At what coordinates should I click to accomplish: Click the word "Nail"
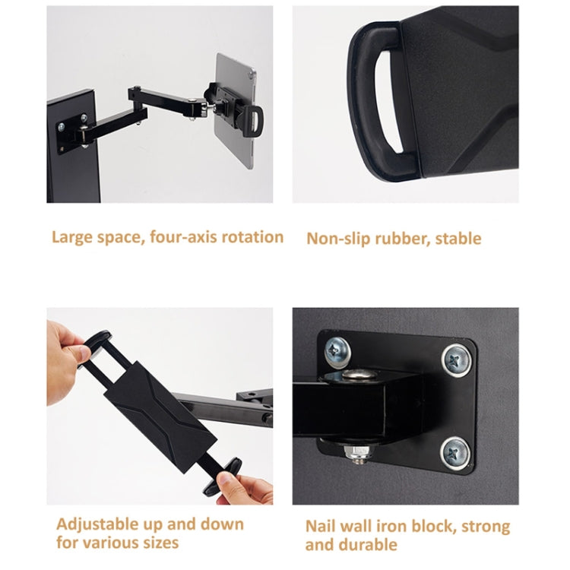[x=322, y=527]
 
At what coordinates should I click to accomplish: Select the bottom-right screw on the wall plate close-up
[x=454, y=452]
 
